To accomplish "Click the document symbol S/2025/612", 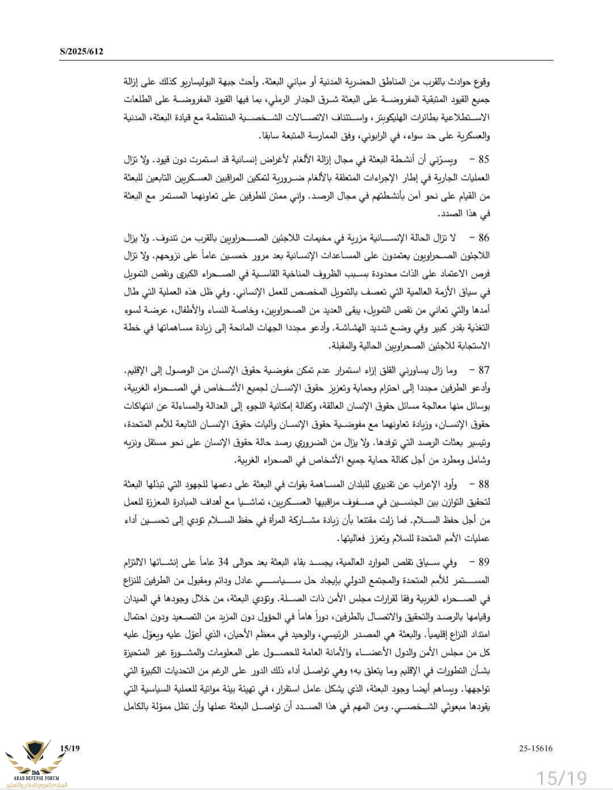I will [x=82, y=52].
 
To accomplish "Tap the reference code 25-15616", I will [x=535, y=748].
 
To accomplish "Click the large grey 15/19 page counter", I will [x=562, y=776].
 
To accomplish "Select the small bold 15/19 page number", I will [x=69, y=748].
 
